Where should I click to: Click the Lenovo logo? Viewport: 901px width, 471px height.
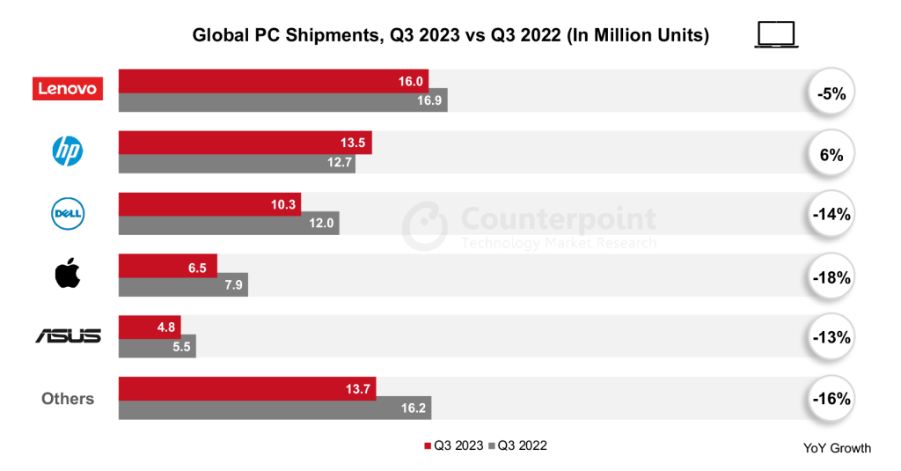(68, 89)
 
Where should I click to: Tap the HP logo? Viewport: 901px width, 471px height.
(68, 152)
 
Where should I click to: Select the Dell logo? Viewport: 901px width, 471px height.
(68, 212)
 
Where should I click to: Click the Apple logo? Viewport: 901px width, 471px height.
(68, 275)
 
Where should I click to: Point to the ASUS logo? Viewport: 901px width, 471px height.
(68, 336)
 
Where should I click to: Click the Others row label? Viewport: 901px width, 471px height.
(68, 399)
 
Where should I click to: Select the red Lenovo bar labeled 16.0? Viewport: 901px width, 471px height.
(273, 80)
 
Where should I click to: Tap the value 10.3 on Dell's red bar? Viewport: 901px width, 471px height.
(284, 203)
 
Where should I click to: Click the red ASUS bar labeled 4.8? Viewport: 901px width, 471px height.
(149, 326)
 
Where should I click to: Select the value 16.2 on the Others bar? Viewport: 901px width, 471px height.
(413, 408)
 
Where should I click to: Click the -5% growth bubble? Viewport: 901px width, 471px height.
(830, 92)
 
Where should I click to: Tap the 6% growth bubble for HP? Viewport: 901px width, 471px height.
(830, 154)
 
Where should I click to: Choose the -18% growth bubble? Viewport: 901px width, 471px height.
(830, 276)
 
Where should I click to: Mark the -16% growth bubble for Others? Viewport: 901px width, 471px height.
(830, 399)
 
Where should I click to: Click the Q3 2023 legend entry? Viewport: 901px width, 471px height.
(455, 445)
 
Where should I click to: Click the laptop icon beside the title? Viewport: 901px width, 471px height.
(776, 35)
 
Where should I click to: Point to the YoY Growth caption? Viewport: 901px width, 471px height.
(837, 448)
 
